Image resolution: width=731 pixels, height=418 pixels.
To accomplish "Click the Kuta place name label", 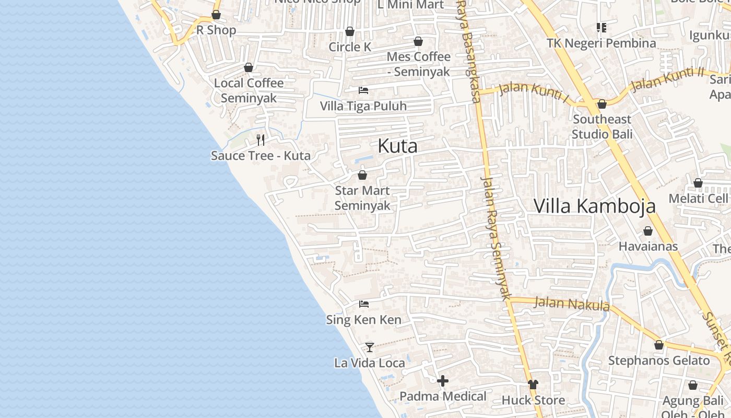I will coord(397,146).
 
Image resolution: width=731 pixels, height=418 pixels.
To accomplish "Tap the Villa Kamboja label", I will coord(594,206).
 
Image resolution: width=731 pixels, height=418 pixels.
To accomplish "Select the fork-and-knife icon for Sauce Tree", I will coord(261,140).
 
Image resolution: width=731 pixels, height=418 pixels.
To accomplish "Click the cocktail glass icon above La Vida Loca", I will coord(370,347).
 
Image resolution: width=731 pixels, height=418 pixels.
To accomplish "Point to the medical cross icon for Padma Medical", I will coord(443,381).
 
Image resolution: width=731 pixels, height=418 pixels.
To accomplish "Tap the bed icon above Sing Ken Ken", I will coord(364,304).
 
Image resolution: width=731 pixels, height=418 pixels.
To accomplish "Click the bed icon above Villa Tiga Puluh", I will coord(363,90).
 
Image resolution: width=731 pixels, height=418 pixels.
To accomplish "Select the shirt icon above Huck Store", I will coord(533,385).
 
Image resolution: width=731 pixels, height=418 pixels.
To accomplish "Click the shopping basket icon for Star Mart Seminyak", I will coord(362,175).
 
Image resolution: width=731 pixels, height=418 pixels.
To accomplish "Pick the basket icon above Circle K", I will coord(350,32).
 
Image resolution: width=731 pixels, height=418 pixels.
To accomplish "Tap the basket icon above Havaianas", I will coord(648,231).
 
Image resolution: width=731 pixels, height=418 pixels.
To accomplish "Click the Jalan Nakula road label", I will coord(572,304).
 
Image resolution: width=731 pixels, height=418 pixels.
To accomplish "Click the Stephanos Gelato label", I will coord(659,361).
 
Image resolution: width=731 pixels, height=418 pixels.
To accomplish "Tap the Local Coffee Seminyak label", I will coord(249,90).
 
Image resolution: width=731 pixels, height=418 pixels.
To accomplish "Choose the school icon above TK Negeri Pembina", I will coord(602,28).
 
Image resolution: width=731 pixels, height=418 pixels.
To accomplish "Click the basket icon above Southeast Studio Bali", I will coord(602,104).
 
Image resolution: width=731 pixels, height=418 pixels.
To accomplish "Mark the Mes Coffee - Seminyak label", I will coord(418,64).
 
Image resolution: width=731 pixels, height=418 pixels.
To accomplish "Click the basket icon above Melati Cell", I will coord(698,183).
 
